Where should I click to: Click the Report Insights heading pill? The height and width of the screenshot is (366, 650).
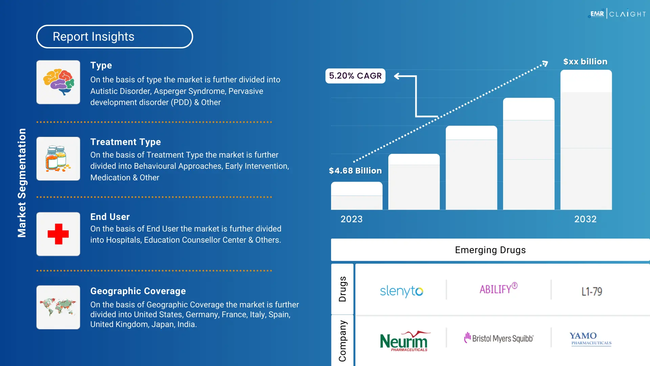pos(114,37)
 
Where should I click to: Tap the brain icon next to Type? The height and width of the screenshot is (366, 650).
pos(58,82)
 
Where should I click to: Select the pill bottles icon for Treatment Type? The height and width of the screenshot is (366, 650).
pos(58,159)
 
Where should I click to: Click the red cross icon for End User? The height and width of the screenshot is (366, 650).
pos(58,234)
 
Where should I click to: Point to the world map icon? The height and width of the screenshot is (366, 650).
pos(58,307)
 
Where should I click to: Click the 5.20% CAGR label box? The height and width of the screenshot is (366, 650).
pos(355,76)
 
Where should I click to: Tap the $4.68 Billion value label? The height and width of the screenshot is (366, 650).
pos(355,171)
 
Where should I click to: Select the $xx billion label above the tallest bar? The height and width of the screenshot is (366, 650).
pos(585,62)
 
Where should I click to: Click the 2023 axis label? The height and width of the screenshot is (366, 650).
pos(351,219)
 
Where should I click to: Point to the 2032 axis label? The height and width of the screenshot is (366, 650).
pos(585,219)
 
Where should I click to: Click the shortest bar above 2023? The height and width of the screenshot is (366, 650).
pos(356,196)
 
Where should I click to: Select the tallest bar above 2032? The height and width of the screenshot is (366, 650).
pos(586,140)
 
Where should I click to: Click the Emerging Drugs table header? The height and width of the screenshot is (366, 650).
pos(490,250)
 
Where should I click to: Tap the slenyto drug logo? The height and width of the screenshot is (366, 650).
pos(402,291)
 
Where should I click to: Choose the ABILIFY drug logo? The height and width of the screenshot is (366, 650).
pos(498,289)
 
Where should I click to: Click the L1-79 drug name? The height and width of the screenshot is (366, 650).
pos(592,291)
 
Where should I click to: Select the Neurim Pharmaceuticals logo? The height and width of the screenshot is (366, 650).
pos(404,341)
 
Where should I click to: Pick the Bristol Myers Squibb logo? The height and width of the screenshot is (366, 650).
pos(499,338)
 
